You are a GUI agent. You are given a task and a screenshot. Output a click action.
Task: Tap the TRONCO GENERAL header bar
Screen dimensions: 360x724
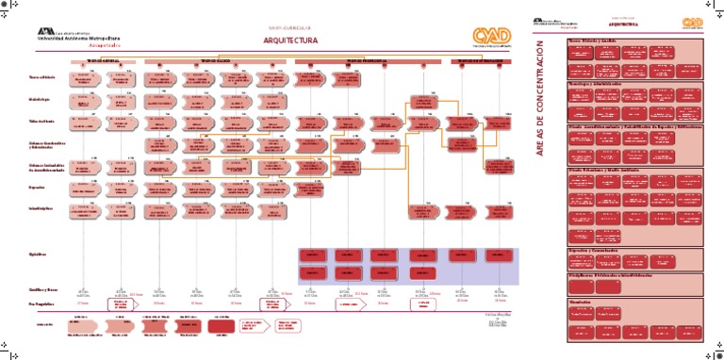(103, 60)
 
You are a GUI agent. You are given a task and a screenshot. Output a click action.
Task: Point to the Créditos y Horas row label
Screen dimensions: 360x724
(41, 289)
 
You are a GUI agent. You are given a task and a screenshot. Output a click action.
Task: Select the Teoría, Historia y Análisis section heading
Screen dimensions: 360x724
(592, 41)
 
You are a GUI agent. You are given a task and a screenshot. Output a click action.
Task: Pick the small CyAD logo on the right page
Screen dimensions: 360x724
(693, 21)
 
